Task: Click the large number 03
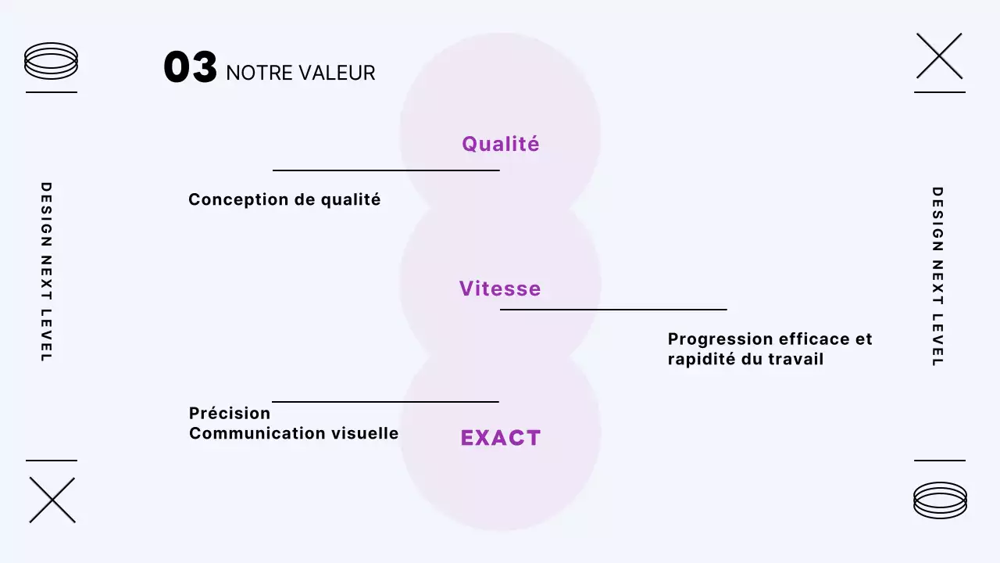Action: pyautogui.click(x=190, y=68)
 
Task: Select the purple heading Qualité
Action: pyautogui.click(x=500, y=144)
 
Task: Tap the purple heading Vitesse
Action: pyautogui.click(x=500, y=289)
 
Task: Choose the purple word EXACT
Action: pyautogui.click(x=500, y=438)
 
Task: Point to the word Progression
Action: pyautogui.click(x=720, y=339)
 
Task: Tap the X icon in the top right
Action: pyautogui.click(x=939, y=56)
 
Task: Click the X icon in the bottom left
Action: pyautogui.click(x=52, y=500)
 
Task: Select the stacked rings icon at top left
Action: pyautogui.click(x=52, y=61)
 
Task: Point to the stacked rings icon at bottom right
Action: pyautogui.click(x=940, y=500)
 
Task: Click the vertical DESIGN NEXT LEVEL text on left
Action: pyautogui.click(x=46, y=272)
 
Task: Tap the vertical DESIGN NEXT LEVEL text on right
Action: pyautogui.click(x=937, y=276)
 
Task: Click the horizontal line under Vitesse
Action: pyautogui.click(x=613, y=310)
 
